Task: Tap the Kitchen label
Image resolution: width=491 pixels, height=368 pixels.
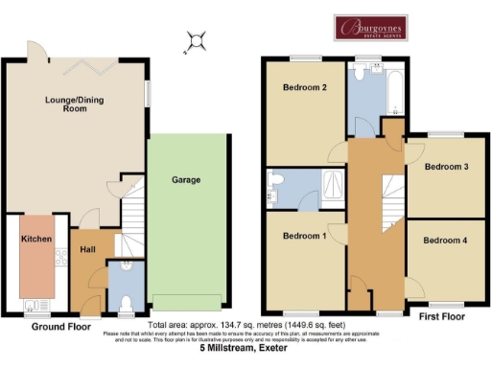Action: pyautogui.click(x=35, y=239)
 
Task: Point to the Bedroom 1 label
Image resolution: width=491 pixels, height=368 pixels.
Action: pyautogui.click(x=304, y=236)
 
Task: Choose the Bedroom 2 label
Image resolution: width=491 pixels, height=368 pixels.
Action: pyautogui.click(x=305, y=88)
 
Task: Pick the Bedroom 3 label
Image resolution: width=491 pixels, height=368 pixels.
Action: pyautogui.click(x=446, y=167)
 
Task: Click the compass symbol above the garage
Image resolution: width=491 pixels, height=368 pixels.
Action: pyautogui.click(x=198, y=40)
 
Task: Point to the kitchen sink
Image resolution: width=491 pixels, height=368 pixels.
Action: pyautogui.click(x=37, y=306)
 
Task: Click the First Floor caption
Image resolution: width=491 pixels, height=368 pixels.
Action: pyautogui.click(x=442, y=314)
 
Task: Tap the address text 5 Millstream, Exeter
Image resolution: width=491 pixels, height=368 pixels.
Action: pyautogui.click(x=245, y=349)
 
